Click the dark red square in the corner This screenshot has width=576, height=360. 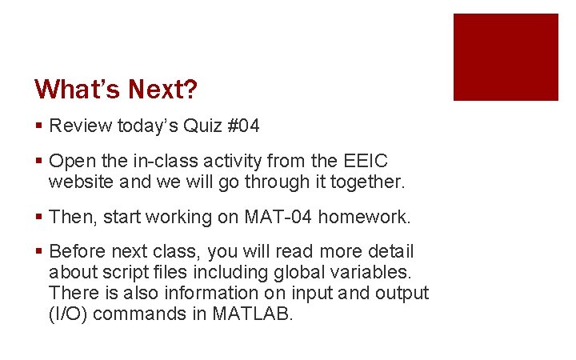(x=506, y=57)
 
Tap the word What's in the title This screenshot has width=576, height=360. (x=75, y=89)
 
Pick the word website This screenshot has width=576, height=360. (x=78, y=182)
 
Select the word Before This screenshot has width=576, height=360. (x=78, y=252)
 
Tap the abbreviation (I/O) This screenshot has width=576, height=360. (x=69, y=314)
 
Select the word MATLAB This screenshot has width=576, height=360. (x=253, y=314)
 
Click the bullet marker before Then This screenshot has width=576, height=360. (x=39, y=218)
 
